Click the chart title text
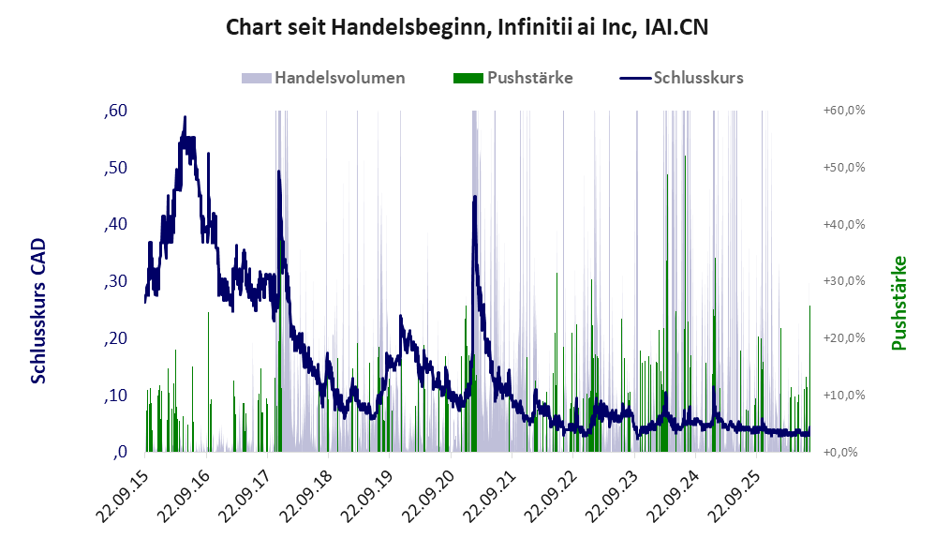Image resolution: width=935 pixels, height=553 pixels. tap(467, 27)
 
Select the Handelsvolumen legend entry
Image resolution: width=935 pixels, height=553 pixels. tap(323, 78)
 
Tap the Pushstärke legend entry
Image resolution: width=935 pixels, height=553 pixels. tap(512, 78)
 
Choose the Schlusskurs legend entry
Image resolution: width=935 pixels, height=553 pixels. tap(681, 78)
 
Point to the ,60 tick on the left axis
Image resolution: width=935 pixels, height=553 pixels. tap(115, 111)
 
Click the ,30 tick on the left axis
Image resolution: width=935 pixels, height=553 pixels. tap(115, 281)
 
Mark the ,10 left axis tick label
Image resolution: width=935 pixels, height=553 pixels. tap(115, 395)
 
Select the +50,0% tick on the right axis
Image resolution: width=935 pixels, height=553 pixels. tap(844, 168)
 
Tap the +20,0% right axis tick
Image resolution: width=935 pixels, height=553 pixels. tap(844, 338)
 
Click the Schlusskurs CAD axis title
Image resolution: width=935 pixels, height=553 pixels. tap(38, 311)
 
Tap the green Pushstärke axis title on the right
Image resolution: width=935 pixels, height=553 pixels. tap(898, 303)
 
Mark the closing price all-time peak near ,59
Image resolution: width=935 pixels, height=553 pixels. tap(185, 117)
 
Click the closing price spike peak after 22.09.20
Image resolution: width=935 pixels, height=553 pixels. tap(475, 197)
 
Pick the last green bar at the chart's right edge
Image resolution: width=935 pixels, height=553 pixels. tap(809, 379)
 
